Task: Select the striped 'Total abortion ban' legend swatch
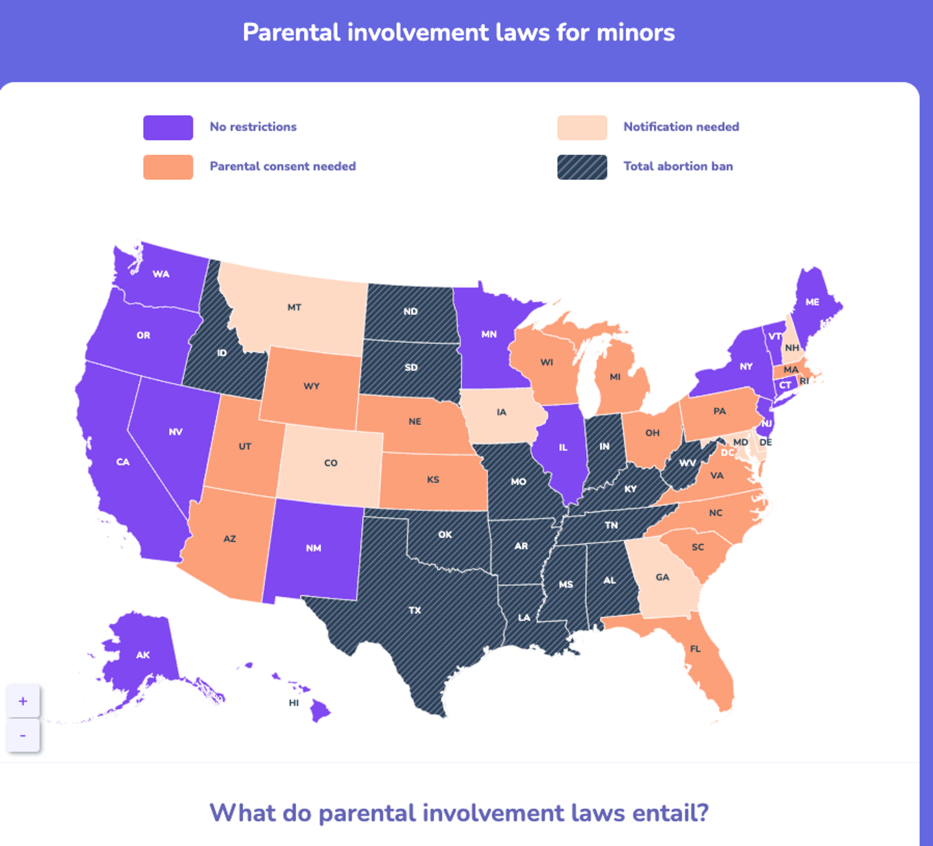[582, 167]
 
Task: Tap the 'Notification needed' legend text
[681, 127]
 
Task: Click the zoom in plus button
[23, 701]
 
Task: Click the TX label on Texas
[415, 611]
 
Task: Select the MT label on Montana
[294, 307]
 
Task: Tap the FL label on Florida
[695, 649]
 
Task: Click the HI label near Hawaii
[294, 703]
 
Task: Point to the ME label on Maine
[812, 302]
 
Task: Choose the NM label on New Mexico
[313, 548]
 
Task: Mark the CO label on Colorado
[330, 463]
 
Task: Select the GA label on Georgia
[662, 577]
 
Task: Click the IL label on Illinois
[563, 447]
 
